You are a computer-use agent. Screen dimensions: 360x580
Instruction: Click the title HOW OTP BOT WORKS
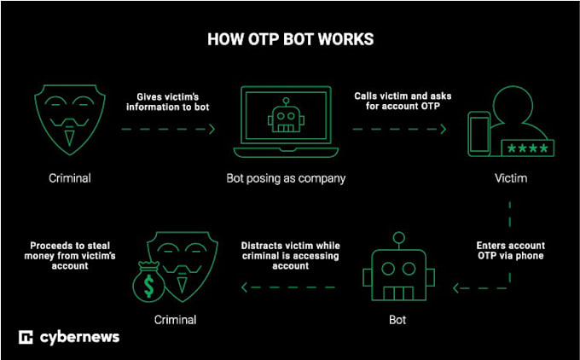pos(289,39)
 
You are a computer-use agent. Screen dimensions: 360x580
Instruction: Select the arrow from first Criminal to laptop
pos(167,129)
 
